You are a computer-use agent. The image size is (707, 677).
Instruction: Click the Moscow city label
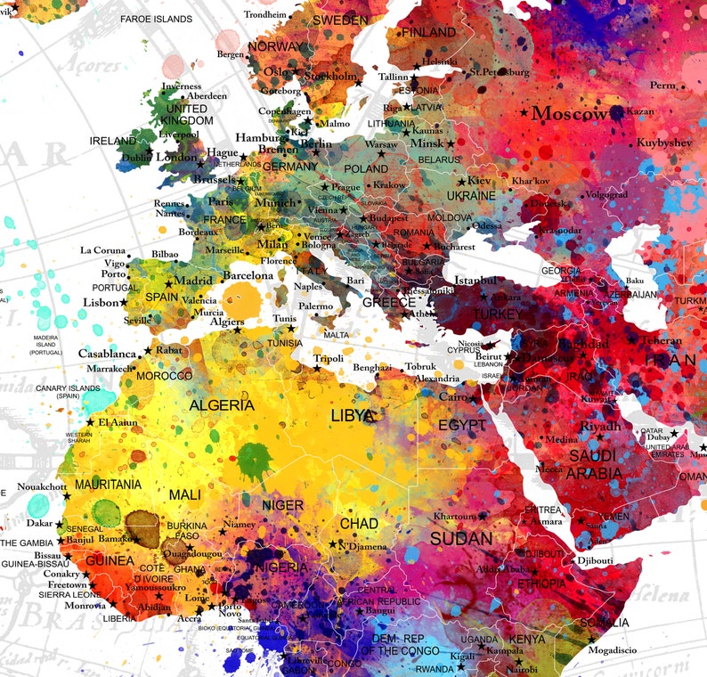569,114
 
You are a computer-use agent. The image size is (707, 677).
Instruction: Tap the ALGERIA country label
222,405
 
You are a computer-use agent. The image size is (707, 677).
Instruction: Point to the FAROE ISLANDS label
156,19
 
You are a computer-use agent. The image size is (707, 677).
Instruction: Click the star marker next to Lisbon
126,302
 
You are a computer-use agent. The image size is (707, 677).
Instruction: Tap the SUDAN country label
460,539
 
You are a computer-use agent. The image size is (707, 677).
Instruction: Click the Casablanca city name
108,354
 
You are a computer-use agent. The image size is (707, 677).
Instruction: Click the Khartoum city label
454,517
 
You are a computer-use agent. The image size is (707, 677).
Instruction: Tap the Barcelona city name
248,276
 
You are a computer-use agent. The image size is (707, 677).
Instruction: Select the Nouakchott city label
43,486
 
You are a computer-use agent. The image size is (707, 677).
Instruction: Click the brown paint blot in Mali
143,524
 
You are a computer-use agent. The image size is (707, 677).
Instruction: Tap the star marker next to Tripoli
316,367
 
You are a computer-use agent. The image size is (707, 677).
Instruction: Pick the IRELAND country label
112,141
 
